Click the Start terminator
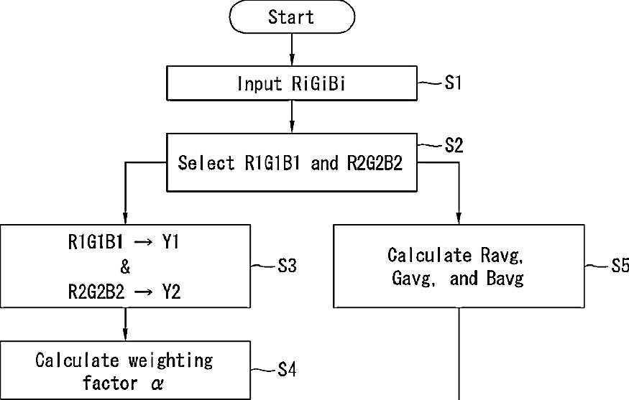click(292, 17)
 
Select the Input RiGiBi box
click(292, 83)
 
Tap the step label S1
click(453, 83)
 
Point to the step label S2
click(454, 145)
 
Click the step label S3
click(288, 266)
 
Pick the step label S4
click(288, 370)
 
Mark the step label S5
click(620, 265)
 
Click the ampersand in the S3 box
click(125, 266)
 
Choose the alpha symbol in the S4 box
click(157, 384)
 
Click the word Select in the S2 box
click(206, 163)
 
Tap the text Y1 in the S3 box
click(170, 242)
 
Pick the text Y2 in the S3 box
click(171, 292)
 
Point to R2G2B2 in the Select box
click(375, 163)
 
